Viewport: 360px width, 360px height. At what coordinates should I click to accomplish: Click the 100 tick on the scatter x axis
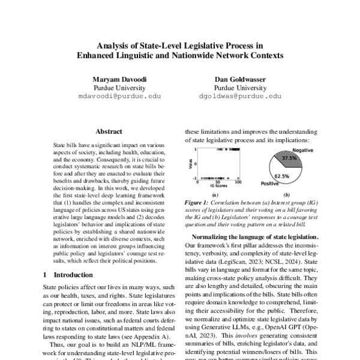tap(239, 182)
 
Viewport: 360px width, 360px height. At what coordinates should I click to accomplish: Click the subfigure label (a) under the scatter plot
tap(215, 195)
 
